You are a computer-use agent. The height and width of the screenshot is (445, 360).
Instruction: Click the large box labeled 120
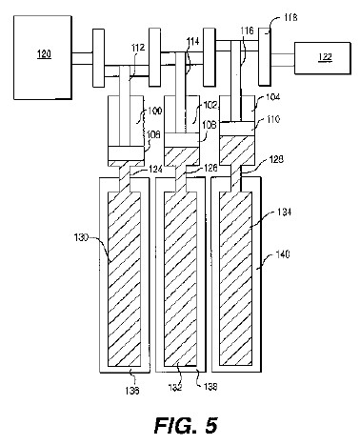(43, 57)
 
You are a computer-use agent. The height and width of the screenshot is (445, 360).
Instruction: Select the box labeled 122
(323, 58)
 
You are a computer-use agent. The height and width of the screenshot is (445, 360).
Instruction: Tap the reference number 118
(290, 17)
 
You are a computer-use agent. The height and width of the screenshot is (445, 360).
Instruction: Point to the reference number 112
(138, 48)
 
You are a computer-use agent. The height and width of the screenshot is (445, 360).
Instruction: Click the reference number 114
(192, 41)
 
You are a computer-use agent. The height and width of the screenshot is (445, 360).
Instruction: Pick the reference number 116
(247, 30)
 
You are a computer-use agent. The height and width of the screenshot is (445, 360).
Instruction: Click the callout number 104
(272, 96)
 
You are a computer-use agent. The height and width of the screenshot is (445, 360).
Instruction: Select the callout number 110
(272, 119)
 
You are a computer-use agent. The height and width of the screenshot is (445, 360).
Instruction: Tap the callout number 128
(276, 159)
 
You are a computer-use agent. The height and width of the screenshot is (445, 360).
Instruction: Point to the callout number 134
(284, 212)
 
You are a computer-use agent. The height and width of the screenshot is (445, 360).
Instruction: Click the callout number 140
(283, 254)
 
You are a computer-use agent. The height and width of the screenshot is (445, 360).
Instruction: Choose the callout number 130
(81, 237)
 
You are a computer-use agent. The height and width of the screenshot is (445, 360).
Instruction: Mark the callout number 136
(132, 391)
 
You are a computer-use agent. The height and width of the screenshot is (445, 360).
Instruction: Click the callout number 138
(210, 387)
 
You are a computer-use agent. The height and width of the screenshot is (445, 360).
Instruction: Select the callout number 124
(155, 170)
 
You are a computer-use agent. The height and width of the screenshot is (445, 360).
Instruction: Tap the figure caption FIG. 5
(186, 425)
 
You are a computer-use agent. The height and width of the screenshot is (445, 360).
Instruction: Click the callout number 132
(175, 387)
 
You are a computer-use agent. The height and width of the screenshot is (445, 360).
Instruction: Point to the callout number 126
(210, 168)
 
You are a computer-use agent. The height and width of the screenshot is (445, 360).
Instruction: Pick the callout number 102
(210, 106)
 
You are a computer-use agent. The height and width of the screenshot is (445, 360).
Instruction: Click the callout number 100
(154, 111)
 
